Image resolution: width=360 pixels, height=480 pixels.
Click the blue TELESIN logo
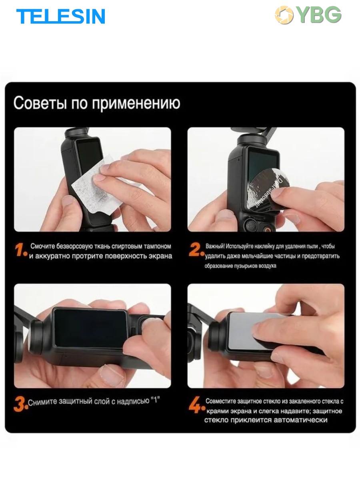coord(61,16)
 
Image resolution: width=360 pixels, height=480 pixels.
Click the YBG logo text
coord(320,15)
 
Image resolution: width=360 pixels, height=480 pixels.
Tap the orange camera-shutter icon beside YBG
coord(284,15)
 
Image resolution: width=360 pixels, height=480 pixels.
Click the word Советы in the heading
coord(40,103)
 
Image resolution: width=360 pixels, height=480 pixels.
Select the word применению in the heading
coord(136,104)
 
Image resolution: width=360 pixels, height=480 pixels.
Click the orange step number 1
coord(21,250)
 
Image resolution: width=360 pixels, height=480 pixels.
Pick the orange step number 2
coord(196,249)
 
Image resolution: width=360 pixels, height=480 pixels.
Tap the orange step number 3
coord(21,404)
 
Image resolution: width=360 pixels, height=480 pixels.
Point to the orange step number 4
coord(197,404)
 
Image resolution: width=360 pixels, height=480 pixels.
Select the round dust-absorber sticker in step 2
coord(267,190)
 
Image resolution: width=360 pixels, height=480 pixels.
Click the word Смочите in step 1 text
coord(42,246)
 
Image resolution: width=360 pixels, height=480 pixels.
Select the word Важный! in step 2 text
coord(215,246)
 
